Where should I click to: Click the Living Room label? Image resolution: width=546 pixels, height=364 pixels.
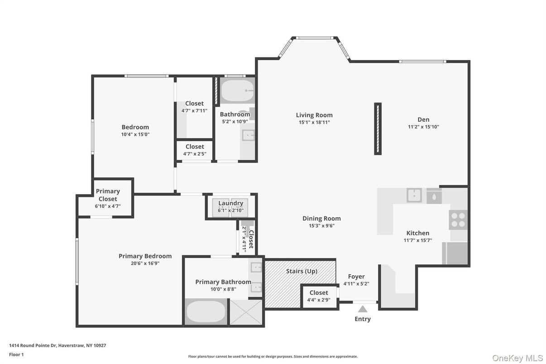pos(314,115)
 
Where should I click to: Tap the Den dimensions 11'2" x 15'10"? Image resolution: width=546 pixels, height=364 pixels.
pos(423,127)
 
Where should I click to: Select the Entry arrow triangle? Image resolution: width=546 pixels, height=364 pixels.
pos(363,309)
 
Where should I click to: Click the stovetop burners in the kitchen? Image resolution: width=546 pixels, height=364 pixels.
pos(458,220)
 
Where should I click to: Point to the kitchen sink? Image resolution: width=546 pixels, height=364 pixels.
pos(414,195)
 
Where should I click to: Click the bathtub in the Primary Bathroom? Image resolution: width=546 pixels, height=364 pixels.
pos(206,311)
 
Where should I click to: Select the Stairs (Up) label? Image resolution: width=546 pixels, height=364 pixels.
pos(302,271)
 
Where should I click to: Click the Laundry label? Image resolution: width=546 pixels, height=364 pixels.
pos(231,203)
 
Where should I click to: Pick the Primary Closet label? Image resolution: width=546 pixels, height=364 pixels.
pos(108,195)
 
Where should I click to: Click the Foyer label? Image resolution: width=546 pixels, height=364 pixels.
pos(356,277)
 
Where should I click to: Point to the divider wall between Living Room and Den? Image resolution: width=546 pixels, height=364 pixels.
pos(378,129)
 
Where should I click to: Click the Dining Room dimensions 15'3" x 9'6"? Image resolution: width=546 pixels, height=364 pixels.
pos(321,225)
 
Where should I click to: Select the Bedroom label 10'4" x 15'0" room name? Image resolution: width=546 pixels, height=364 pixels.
pos(135,127)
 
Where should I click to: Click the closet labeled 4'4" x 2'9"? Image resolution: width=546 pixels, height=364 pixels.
pos(319,296)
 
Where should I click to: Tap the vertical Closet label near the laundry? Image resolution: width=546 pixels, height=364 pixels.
pos(251,239)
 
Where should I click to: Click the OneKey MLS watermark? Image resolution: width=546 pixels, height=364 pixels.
pos(517,358)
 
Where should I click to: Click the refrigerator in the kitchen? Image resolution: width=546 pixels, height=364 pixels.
pos(455,253)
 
